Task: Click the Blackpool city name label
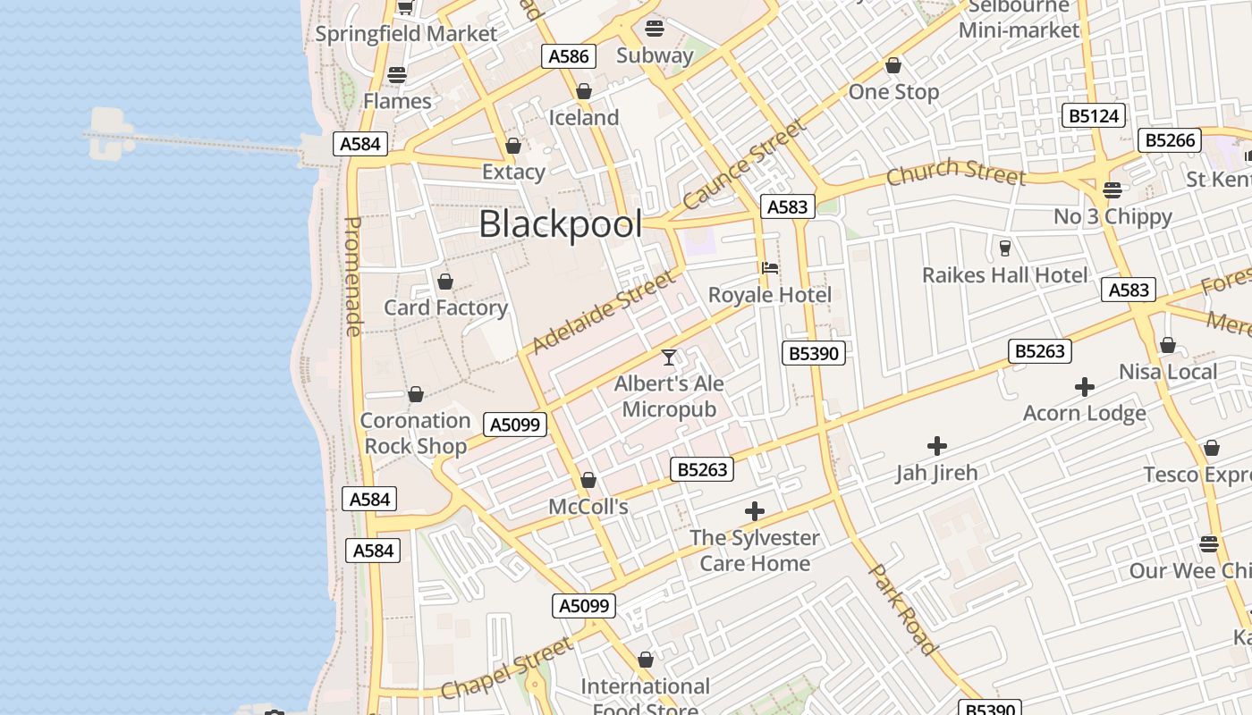560,224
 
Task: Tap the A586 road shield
569,56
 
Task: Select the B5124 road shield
1093,115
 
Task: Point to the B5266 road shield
1171,140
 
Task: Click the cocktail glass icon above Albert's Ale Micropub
669,357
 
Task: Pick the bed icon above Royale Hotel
769,267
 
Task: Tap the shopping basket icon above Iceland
584,91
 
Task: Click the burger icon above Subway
655,28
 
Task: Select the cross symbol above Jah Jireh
937,445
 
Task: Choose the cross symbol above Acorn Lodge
1085,387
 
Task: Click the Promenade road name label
353,276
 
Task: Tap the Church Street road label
955,172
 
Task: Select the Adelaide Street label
604,312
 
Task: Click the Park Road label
903,609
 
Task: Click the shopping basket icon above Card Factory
445,282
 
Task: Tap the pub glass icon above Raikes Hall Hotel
1004,248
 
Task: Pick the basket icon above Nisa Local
1168,345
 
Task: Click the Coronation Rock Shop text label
415,433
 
